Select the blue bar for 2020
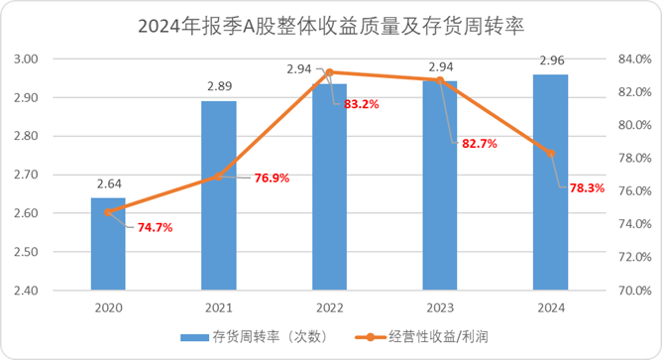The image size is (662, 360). (x=108, y=244)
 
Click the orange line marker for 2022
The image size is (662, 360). (x=330, y=71)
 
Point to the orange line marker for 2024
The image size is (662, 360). (x=552, y=153)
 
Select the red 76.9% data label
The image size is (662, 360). (x=265, y=179)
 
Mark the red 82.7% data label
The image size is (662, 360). (x=480, y=144)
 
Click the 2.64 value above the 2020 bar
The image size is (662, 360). (x=108, y=182)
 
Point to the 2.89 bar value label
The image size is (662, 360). (x=219, y=86)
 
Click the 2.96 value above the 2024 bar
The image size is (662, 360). (x=552, y=60)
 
